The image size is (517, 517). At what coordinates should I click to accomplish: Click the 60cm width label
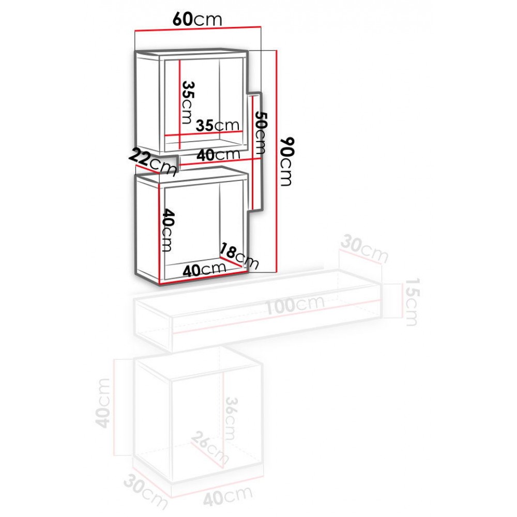click(x=197, y=20)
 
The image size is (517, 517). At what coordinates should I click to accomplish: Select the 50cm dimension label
click(x=261, y=133)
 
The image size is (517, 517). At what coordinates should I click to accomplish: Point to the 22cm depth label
click(x=153, y=161)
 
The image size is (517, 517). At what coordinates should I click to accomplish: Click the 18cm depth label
click(x=239, y=255)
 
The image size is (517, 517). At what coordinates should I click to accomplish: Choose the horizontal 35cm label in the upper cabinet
click(x=217, y=125)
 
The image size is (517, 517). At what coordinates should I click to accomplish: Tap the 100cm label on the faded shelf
click(x=295, y=305)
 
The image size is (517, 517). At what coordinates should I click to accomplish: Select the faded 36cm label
click(x=230, y=418)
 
